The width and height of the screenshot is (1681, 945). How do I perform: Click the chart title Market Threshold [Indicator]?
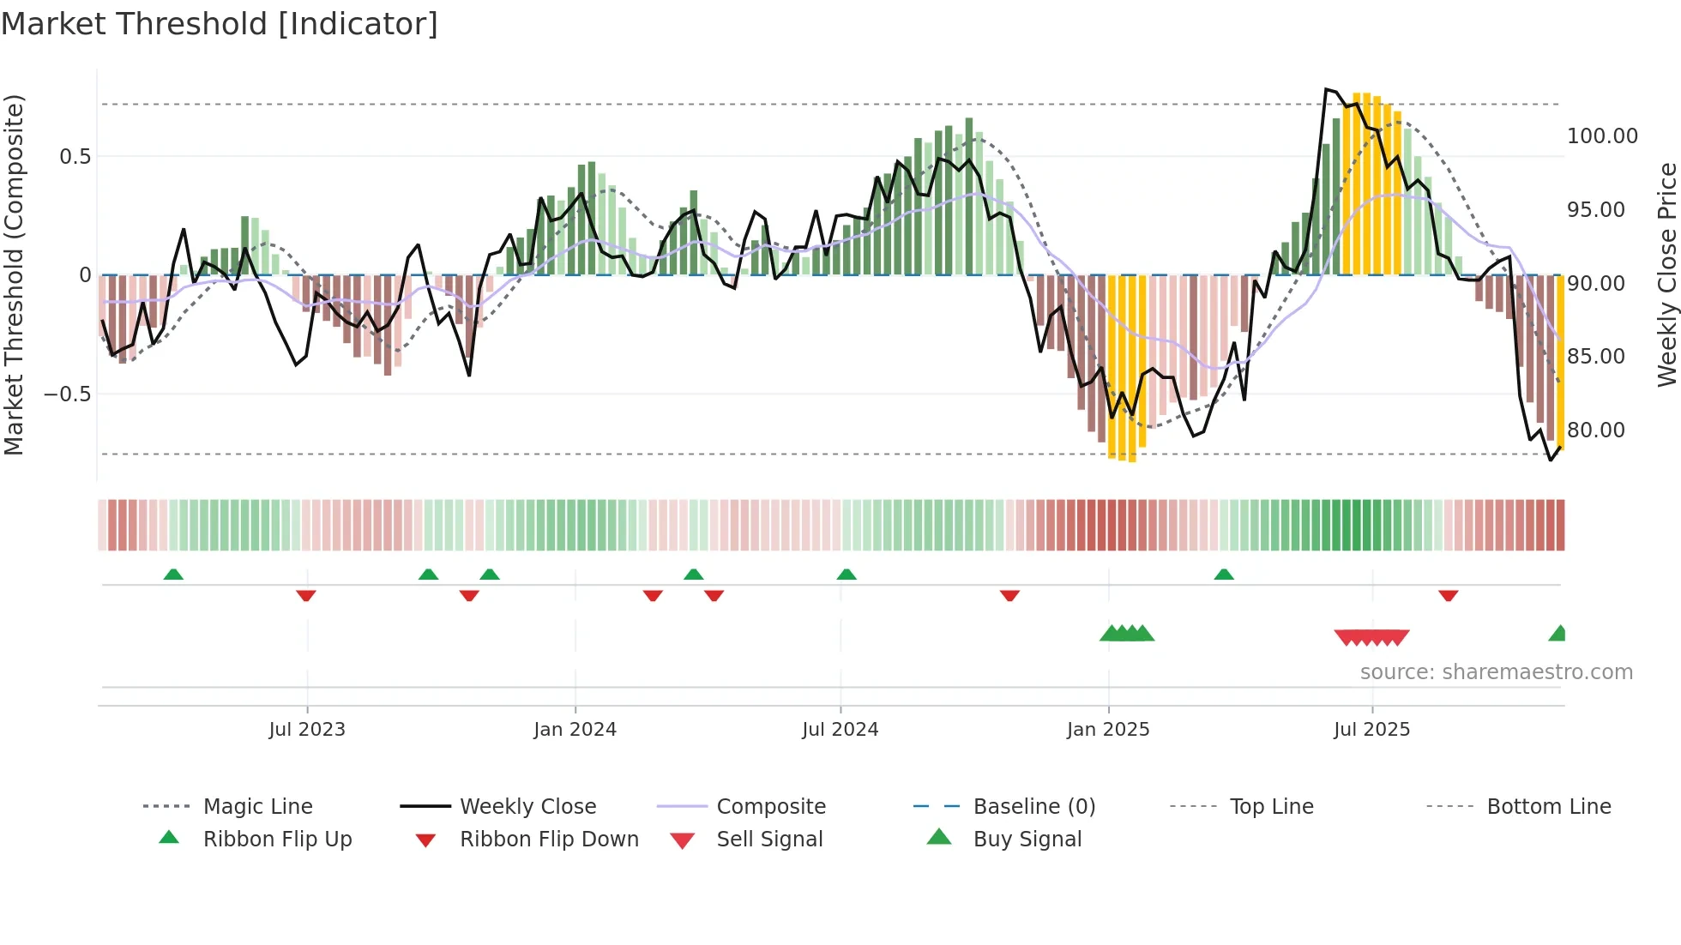click(220, 24)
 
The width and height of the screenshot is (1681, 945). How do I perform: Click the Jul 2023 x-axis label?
click(306, 730)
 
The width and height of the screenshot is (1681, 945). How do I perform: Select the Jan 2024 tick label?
click(575, 730)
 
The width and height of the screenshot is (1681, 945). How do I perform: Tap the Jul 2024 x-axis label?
click(840, 730)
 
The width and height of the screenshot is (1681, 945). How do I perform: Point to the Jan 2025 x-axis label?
click(1108, 730)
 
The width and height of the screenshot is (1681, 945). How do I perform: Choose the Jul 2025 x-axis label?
click(1371, 730)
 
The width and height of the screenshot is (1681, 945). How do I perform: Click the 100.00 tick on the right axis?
click(1602, 136)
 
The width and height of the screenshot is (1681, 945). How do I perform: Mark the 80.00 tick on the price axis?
click(1595, 430)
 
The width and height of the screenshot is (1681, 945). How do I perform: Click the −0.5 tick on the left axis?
click(68, 394)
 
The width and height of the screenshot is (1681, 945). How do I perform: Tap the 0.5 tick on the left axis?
click(75, 157)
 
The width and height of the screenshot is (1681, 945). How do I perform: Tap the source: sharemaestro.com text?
click(1496, 672)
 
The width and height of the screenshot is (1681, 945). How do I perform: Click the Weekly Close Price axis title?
click(1666, 274)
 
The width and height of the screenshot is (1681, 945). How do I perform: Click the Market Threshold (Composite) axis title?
click(14, 274)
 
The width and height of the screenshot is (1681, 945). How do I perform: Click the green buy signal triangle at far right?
click(1558, 634)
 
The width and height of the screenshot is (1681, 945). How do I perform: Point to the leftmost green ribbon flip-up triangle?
click(173, 575)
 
